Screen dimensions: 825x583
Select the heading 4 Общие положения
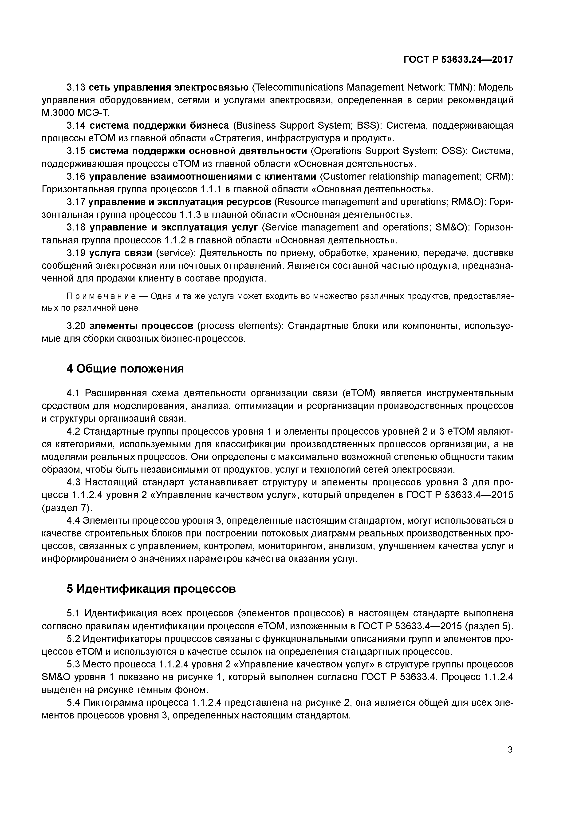[x=125, y=369]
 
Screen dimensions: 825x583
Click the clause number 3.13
[x=75, y=87]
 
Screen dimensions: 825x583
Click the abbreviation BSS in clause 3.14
[x=365, y=125]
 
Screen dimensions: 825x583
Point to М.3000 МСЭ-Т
[x=75, y=113]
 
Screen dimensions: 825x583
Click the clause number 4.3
[x=75, y=482]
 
